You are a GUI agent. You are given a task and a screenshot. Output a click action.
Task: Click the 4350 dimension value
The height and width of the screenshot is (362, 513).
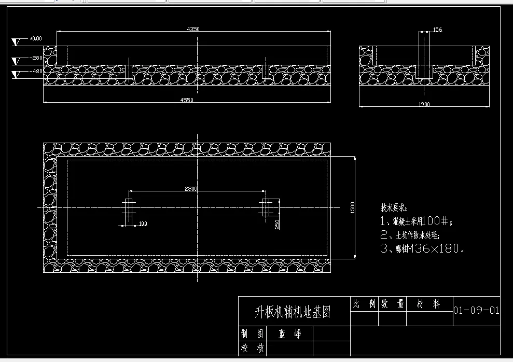point(193,30)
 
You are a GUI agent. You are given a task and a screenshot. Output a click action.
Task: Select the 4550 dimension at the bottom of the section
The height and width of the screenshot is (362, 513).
point(187,100)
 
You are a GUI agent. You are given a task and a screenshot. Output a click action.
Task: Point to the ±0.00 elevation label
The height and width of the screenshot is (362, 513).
point(36,39)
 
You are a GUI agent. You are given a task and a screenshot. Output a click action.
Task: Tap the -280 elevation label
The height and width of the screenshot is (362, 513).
point(36,58)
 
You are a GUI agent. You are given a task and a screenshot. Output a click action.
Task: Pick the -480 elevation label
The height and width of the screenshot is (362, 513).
point(36,72)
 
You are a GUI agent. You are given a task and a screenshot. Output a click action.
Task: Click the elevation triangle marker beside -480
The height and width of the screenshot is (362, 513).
point(18,74)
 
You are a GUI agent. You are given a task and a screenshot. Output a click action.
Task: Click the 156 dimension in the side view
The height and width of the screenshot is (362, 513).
point(437,30)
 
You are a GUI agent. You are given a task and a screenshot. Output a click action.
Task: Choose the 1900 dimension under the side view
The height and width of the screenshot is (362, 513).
point(424,104)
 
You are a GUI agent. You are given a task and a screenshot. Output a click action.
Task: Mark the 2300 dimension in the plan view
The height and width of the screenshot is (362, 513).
point(191,189)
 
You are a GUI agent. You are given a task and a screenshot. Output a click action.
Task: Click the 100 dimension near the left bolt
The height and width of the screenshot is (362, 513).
point(143,224)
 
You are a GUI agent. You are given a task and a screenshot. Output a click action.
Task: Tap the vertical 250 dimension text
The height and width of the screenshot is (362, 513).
point(278,224)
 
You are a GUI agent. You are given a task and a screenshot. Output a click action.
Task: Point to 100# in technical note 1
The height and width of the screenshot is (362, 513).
point(438,221)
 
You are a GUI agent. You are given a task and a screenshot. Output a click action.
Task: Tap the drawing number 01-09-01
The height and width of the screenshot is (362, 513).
point(476,311)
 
